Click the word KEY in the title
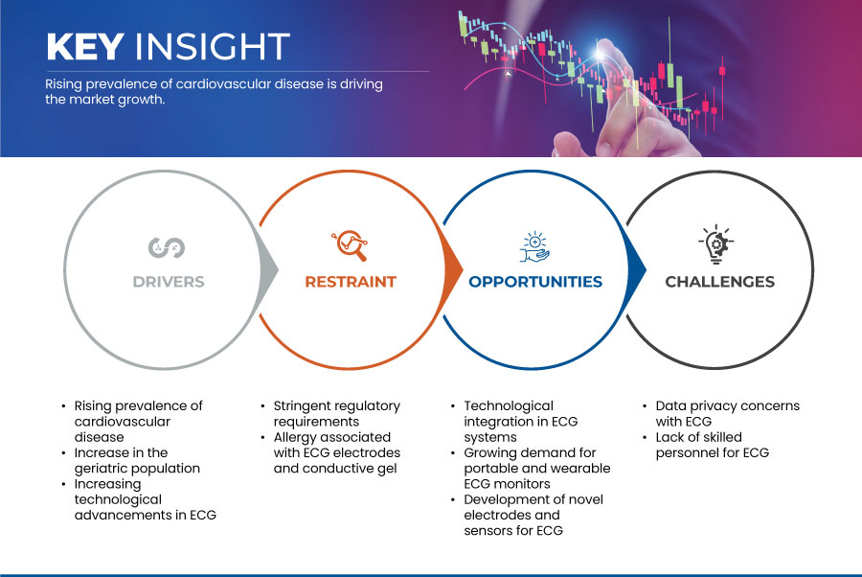tap(85, 46)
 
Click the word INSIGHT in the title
tap(213, 46)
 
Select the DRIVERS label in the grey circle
tap(169, 282)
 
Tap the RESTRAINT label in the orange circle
tap(351, 282)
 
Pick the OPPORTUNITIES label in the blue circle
tap(535, 282)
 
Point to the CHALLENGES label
tap(719, 282)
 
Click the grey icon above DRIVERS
tap(167, 247)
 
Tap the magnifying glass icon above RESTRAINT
tap(350, 245)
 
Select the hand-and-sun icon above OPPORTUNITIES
tap(534, 246)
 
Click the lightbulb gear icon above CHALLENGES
tap(716, 244)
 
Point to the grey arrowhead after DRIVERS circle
tap(268, 269)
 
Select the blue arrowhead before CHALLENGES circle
tap(636, 269)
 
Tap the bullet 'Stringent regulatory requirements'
tap(336, 414)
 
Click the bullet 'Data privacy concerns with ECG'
tap(727, 414)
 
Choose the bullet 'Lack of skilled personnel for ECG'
tap(712, 445)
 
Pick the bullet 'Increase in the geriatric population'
tap(137, 460)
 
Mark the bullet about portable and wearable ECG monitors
tap(537, 468)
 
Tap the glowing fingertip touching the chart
tap(601, 53)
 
